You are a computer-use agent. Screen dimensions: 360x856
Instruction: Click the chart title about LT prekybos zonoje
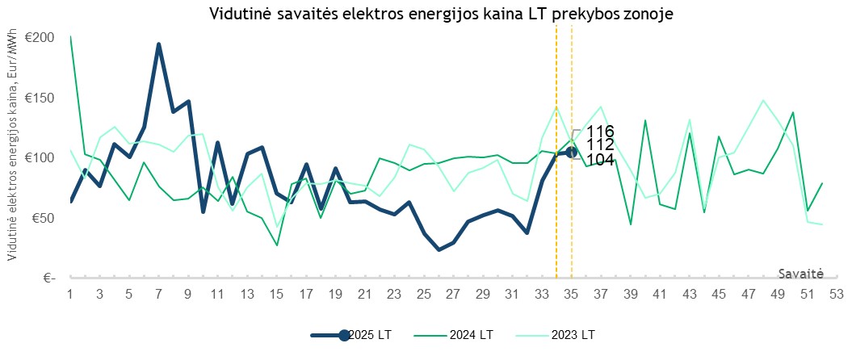point(441,14)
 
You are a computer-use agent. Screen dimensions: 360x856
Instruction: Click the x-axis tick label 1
point(70,295)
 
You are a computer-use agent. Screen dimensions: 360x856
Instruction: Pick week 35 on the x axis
point(571,295)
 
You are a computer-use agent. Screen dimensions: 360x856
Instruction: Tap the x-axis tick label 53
point(836,295)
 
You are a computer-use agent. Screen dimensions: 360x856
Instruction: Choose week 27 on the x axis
point(453,295)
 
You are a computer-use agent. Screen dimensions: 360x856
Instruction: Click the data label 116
point(601,132)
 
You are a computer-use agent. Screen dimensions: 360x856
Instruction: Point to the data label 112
point(601,144)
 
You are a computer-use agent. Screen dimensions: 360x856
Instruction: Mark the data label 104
point(601,159)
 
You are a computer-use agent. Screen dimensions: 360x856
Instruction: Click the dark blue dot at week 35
point(571,152)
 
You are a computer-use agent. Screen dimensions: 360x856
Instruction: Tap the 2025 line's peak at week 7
point(159,44)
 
